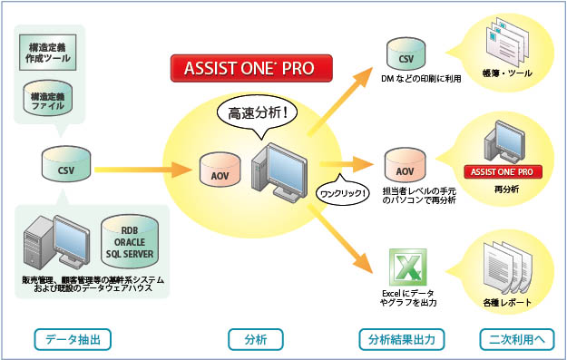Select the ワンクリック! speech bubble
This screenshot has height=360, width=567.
pyautogui.click(x=341, y=192)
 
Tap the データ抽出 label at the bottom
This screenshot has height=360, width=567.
pyautogui.click(x=73, y=339)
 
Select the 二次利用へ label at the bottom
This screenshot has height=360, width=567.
pyautogui.click(x=513, y=339)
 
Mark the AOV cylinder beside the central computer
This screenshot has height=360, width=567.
pyautogui.click(x=218, y=169)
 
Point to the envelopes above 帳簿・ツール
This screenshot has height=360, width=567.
pyautogui.click(x=507, y=44)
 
